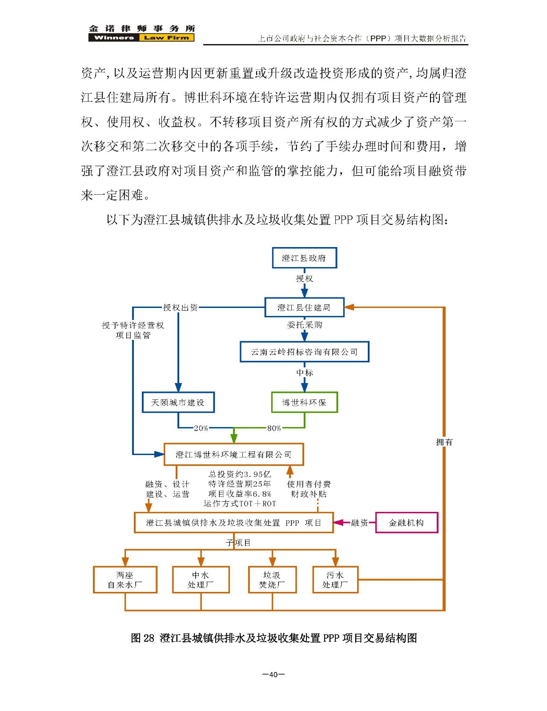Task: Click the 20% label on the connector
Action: point(201,428)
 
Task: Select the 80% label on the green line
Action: point(274,428)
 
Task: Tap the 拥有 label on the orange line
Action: point(444,442)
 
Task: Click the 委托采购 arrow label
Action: point(305,324)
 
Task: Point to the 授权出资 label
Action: point(181,307)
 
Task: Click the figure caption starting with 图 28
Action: point(273,638)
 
